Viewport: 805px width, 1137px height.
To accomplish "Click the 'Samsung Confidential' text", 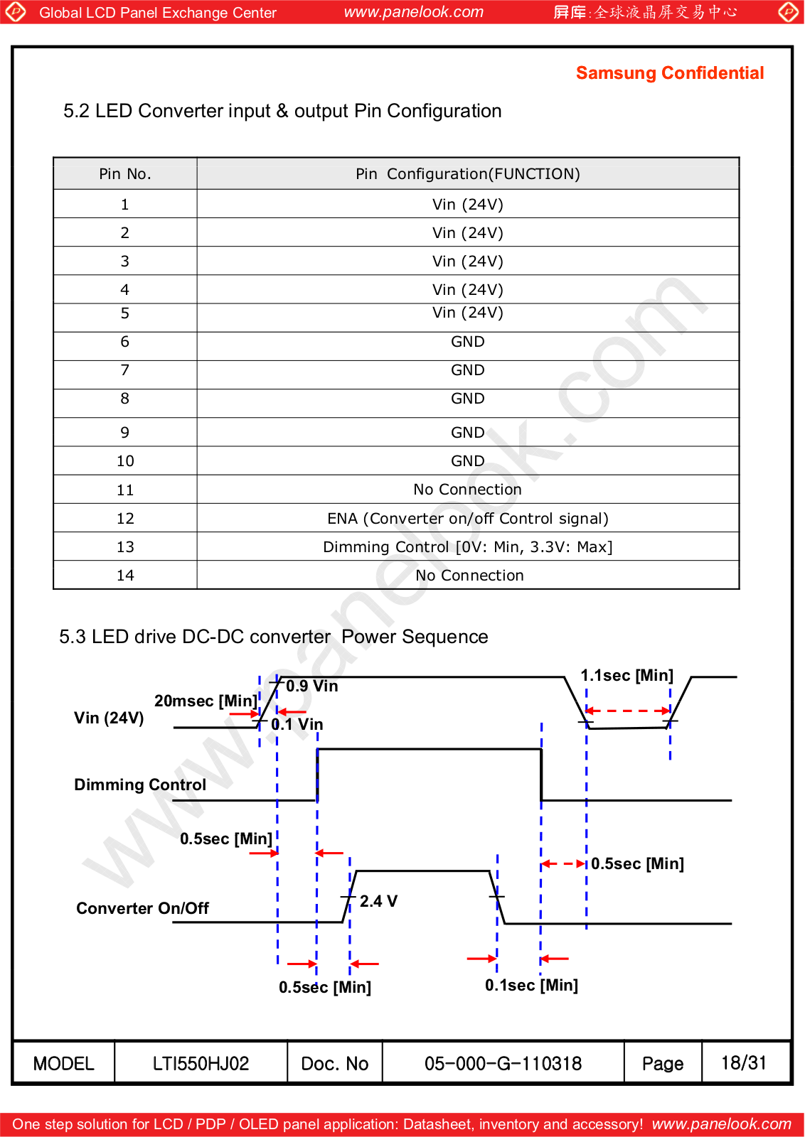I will tap(669, 73).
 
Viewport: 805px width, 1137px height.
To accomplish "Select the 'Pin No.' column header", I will tap(125, 174).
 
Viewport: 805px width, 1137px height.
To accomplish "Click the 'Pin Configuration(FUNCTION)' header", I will tap(468, 174).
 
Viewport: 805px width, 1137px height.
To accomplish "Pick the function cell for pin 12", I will tap(468, 519).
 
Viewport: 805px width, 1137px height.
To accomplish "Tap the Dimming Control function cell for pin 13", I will tap(468, 547).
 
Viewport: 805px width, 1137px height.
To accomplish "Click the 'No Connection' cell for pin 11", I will tap(468, 490).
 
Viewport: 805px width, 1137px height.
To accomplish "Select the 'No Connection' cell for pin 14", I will tap(469, 576).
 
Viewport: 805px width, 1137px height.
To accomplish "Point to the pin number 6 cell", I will tap(125, 342).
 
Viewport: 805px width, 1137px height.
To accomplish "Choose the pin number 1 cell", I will tap(125, 205).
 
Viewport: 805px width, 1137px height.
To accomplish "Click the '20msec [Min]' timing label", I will tap(206, 701).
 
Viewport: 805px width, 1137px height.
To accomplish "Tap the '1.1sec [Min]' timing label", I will tap(627, 676).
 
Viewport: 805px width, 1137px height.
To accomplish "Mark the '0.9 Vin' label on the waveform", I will tap(312, 686).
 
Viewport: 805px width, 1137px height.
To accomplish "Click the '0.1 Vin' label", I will tap(297, 725).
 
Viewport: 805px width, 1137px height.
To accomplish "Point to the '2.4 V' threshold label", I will tap(378, 902).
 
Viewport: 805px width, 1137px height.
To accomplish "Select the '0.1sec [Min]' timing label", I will tap(531, 986).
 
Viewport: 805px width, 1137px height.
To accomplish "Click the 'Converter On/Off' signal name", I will tap(143, 909).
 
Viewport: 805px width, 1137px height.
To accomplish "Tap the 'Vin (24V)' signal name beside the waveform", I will tap(109, 718).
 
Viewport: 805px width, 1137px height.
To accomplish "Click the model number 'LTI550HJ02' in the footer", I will tap(201, 1064).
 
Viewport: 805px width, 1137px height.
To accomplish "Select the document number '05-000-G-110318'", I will tap(503, 1064).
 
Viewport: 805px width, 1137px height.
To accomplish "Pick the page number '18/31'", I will tap(744, 1063).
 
